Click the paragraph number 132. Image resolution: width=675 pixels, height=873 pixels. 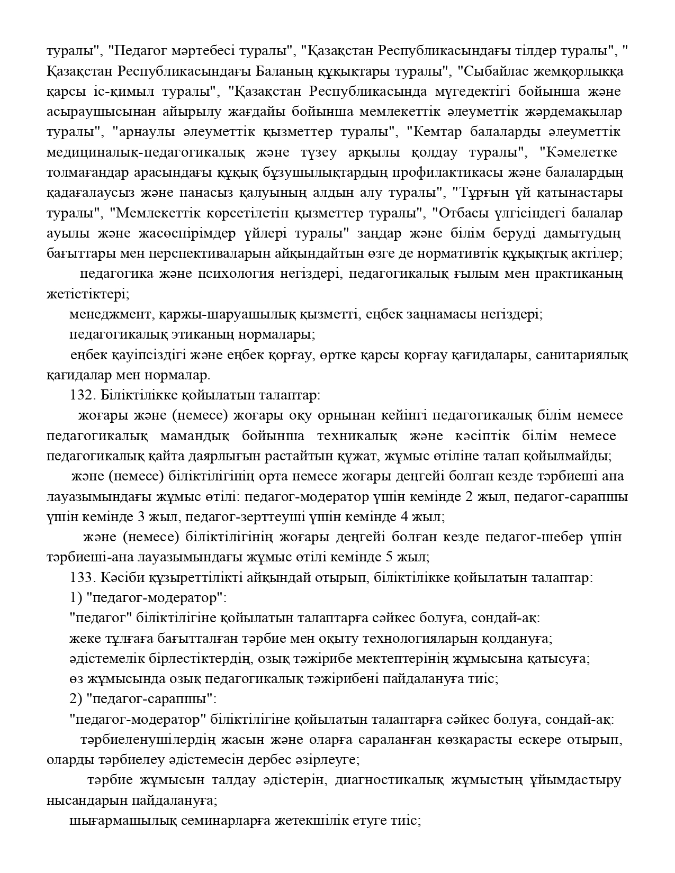point(79,395)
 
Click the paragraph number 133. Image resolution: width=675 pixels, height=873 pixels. point(79,577)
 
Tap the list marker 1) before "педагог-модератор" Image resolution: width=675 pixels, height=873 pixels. point(75,598)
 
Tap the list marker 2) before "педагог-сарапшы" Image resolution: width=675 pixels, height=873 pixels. point(75,699)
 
